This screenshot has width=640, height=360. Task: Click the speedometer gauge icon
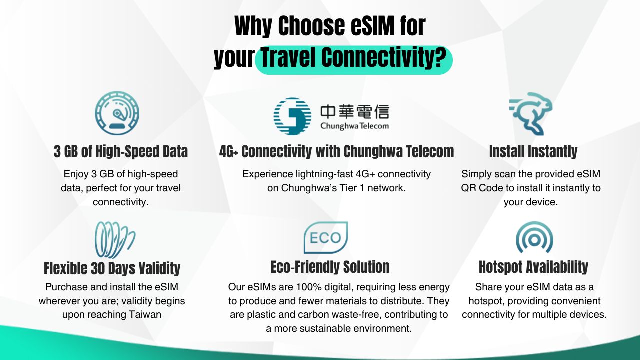(x=117, y=113)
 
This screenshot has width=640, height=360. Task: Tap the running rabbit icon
(x=531, y=113)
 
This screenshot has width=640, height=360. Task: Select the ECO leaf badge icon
(x=325, y=237)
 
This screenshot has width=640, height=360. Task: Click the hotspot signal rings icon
(x=534, y=237)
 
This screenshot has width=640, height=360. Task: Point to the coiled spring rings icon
(x=115, y=240)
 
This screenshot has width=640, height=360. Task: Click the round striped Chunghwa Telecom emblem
(x=292, y=116)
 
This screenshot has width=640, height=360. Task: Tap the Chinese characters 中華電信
(x=355, y=111)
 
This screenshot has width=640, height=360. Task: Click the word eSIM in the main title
(x=373, y=26)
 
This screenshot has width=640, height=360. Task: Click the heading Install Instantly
(x=533, y=151)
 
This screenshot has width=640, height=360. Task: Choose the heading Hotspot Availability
(x=533, y=267)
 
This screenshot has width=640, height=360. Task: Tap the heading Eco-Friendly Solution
(x=330, y=267)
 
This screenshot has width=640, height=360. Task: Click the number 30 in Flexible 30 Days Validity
(x=97, y=268)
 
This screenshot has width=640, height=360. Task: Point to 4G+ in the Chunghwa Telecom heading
(x=228, y=151)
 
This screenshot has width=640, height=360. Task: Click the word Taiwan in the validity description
(x=145, y=314)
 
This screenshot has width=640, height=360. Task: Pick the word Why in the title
(x=253, y=26)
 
